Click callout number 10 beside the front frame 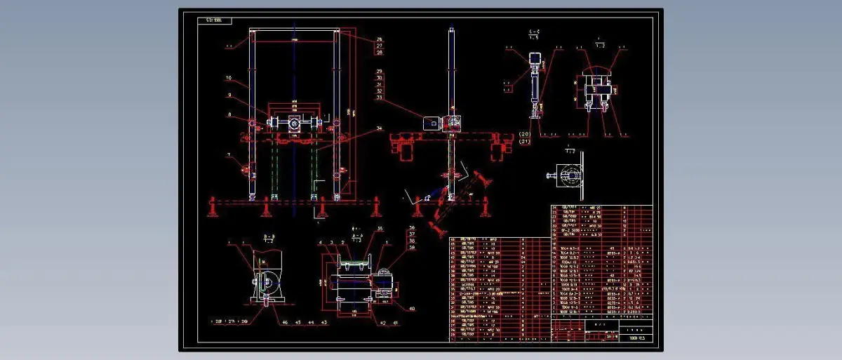pyautogui.click(x=229, y=77)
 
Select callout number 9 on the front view pyautogui.click(x=229, y=95)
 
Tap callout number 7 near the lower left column pyautogui.click(x=229, y=154)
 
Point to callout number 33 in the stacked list pyautogui.click(x=380, y=98)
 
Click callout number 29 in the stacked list pyautogui.click(x=380, y=72)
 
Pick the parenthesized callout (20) pyautogui.click(x=525, y=133)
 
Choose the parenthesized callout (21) pyautogui.click(x=525, y=142)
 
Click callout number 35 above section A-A pyautogui.click(x=380, y=229)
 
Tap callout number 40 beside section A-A pyautogui.click(x=412, y=308)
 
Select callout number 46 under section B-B pyautogui.click(x=285, y=322)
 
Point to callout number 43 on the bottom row pyautogui.click(x=323, y=322)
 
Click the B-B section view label pyautogui.click(x=268, y=236)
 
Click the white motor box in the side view pyautogui.click(x=430, y=122)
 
